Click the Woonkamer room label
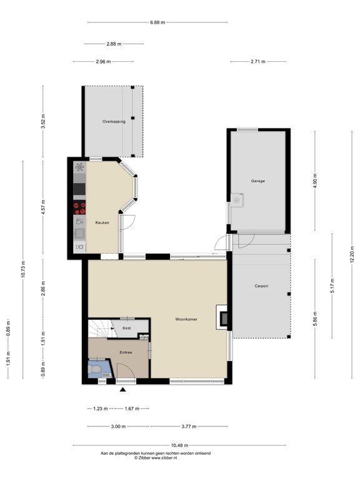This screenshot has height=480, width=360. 186,319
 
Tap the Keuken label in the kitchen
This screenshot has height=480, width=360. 102,222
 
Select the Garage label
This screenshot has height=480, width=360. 258,181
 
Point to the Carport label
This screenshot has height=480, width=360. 261,286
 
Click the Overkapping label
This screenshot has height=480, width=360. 114,121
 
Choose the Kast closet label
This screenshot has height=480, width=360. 126,327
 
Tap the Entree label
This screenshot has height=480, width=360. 126,352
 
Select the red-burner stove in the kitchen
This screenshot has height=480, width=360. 79,208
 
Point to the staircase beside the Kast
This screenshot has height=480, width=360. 98,328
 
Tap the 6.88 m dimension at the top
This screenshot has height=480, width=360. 157,22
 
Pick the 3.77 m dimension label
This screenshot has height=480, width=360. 188,427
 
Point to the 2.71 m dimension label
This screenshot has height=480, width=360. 257,61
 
